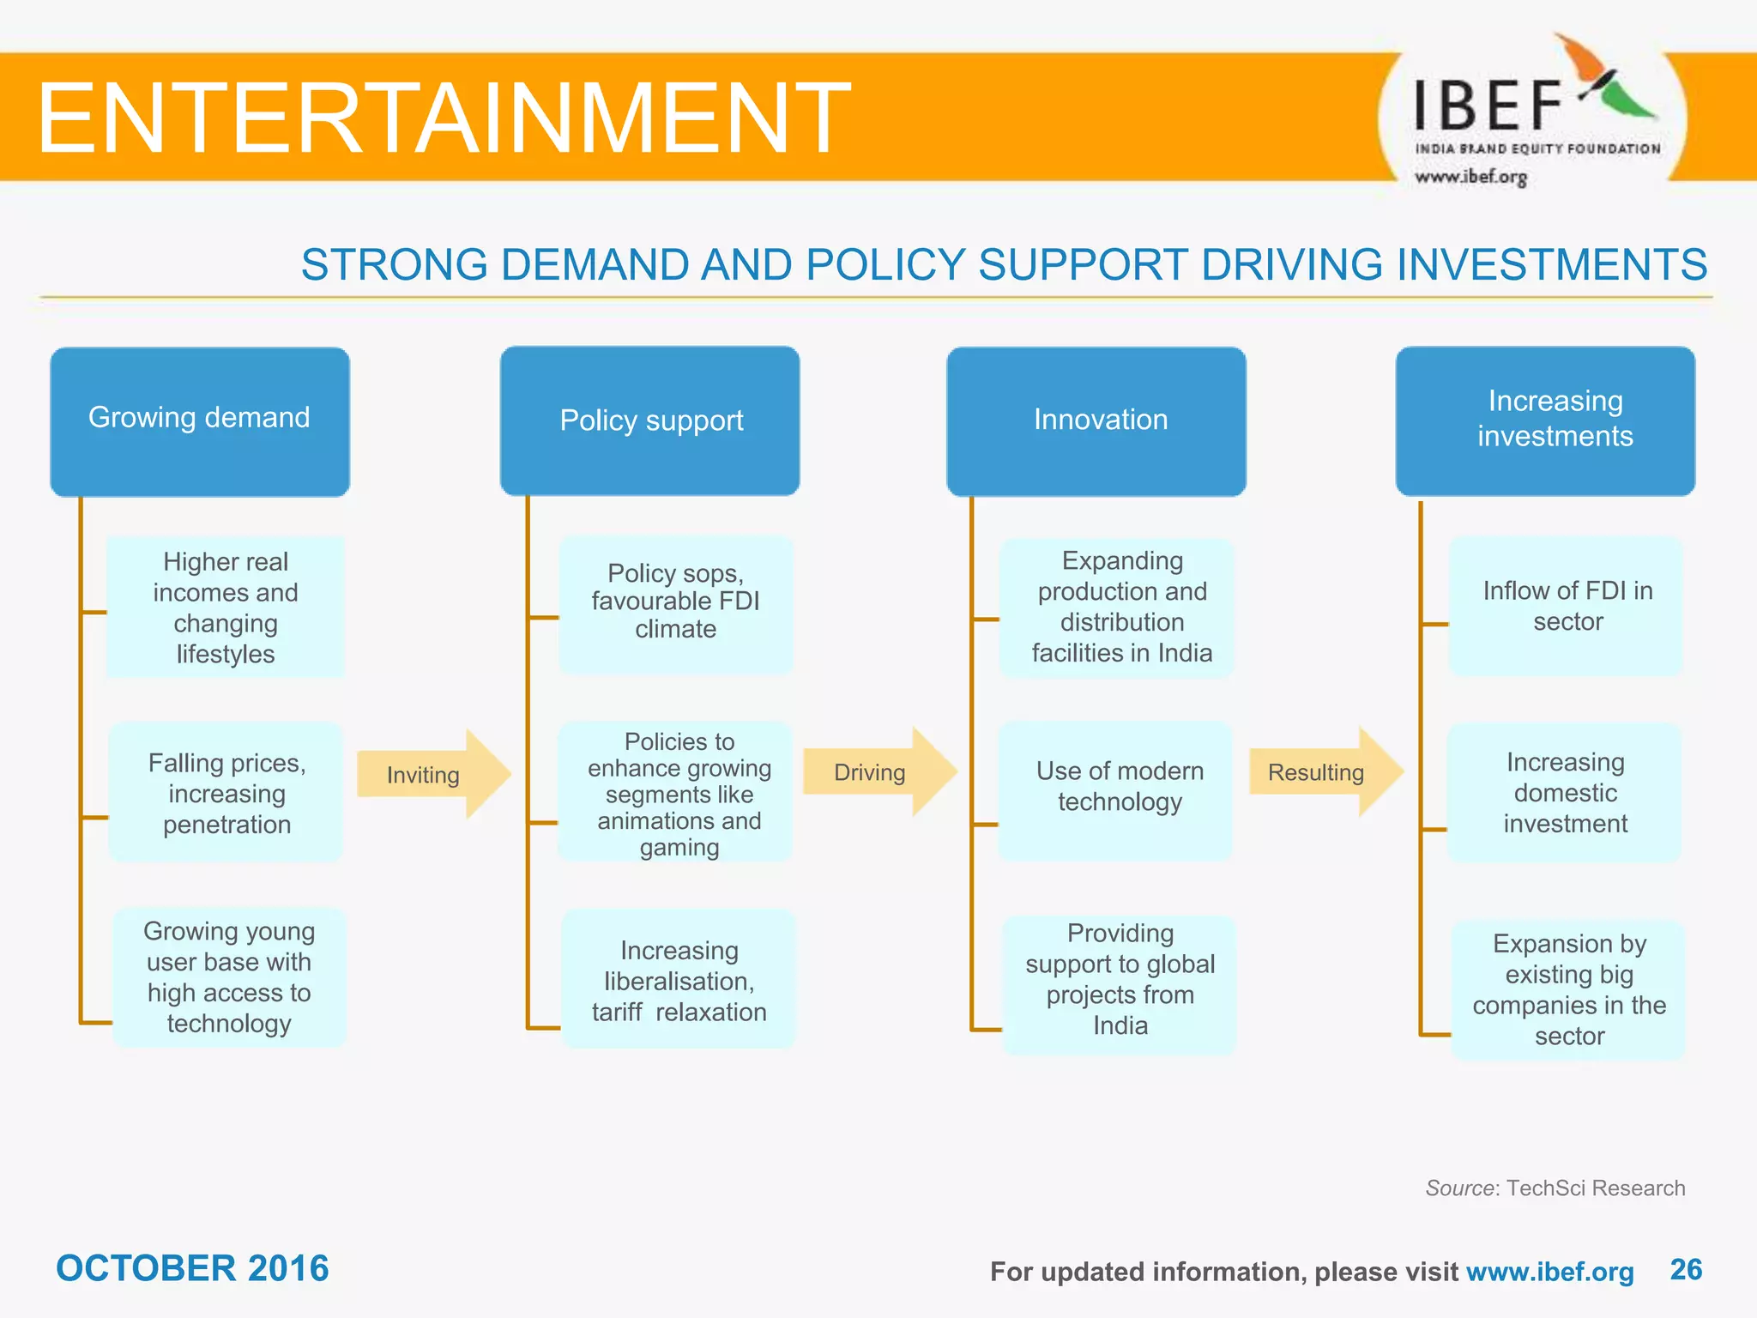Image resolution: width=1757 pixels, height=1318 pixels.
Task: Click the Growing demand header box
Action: tap(200, 421)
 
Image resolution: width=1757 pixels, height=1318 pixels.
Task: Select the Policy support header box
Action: tap(650, 421)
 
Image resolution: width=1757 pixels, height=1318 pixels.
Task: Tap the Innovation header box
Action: tap(1096, 421)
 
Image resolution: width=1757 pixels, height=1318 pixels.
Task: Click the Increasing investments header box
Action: tap(1545, 421)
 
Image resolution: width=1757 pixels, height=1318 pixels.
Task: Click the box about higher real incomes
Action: tap(226, 608)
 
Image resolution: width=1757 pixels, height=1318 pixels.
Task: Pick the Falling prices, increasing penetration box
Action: tap(226, 793)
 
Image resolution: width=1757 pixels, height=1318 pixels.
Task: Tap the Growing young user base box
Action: tap(229, 977)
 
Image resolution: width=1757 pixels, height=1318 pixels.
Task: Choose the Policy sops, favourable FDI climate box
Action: tap(675, 602)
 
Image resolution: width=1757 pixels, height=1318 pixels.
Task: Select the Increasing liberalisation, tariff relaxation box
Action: tap(678, 981)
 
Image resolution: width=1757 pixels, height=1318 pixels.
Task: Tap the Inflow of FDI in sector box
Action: tap(1567, 606)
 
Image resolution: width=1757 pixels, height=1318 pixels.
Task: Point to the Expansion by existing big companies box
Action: tap(1568, 989)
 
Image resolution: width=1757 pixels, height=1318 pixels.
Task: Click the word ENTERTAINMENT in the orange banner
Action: tap(443, 118)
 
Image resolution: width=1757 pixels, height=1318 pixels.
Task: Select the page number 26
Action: tap(1685, 1269)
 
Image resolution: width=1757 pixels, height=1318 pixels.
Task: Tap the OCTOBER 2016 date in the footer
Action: tap(192, 1268)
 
